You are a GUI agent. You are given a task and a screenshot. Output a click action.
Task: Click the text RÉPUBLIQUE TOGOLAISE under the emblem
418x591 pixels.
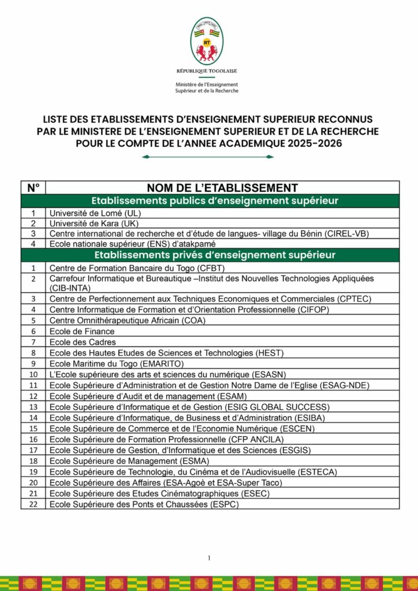(207, 71)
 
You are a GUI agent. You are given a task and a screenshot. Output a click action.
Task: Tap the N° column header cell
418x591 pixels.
(33, 188)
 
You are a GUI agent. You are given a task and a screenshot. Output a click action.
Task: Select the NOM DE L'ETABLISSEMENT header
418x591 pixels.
(222, 188)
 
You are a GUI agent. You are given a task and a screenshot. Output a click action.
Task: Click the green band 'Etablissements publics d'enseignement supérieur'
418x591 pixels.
(210, 201)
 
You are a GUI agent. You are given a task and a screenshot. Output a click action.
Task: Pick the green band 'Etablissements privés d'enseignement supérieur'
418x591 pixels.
(210, 255)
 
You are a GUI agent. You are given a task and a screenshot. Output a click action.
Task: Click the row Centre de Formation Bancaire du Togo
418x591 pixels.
(137, 268)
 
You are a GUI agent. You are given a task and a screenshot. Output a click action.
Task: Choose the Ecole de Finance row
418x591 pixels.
(74, 331)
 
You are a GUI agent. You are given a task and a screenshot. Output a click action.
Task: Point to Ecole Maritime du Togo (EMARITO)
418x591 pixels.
(116, 364)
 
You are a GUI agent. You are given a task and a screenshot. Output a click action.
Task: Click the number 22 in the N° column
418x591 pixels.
(33, 504)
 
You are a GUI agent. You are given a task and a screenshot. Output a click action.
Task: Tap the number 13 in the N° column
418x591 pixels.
(33, 407)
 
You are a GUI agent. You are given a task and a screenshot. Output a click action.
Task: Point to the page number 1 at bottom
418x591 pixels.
(209, 558)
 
